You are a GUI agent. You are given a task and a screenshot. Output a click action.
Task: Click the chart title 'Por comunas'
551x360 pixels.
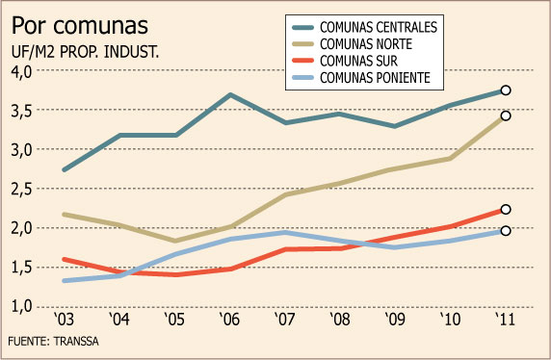point(80,26)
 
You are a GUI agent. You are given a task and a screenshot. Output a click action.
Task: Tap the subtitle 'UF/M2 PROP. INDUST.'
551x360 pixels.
point(86,52)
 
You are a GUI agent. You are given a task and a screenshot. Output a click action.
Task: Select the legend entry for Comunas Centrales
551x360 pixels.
point(365,27)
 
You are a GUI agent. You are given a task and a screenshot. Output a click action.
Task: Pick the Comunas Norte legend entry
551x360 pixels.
point(353,44)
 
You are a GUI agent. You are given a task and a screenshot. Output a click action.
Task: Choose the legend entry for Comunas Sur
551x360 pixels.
point(345,61)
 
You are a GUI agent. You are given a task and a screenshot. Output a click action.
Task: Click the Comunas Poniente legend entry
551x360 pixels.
point(361,78)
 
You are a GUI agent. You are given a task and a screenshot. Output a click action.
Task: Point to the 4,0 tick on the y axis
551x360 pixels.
point(22,71)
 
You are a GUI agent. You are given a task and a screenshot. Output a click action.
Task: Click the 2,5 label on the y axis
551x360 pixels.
point(22,190)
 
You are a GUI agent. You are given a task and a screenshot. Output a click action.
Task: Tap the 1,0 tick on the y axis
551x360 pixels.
point(22,306)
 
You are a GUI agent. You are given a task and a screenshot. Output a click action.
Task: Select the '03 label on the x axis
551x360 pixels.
point(65,320)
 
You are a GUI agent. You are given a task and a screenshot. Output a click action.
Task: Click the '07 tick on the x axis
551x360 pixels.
point(285,320)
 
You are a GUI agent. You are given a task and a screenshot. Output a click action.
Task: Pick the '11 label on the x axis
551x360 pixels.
point(506,320)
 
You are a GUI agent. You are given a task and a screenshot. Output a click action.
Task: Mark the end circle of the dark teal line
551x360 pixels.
point(506,90)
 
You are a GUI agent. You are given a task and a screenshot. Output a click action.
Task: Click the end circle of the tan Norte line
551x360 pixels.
point(506,116)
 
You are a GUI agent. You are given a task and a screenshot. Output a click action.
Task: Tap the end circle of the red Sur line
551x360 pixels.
point(506,209)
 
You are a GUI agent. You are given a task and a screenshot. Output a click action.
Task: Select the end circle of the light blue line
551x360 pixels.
point(506,231)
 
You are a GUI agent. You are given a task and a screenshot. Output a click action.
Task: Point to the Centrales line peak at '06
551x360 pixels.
point(230,95)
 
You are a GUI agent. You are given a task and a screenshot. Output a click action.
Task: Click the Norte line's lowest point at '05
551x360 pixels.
point(175,241)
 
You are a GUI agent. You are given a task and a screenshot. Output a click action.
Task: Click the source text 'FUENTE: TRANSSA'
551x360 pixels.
point(53,341)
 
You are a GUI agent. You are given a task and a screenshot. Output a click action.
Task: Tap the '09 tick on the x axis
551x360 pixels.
point(395,320)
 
